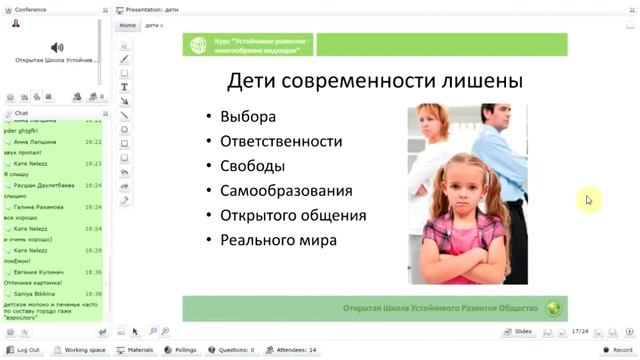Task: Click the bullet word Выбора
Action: point(246,116)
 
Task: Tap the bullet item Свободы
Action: point(253,165)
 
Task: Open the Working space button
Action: point(80,350)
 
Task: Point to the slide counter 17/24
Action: point(579,330)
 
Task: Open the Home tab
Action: point(127,24)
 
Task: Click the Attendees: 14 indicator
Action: point(293,350)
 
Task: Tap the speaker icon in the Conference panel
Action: point(57,47)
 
